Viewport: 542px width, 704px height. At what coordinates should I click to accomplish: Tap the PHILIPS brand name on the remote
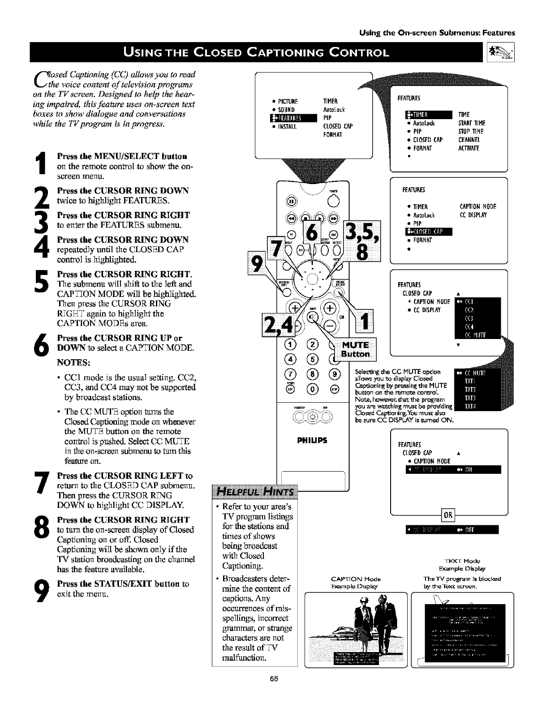click(x=312, y=440)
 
